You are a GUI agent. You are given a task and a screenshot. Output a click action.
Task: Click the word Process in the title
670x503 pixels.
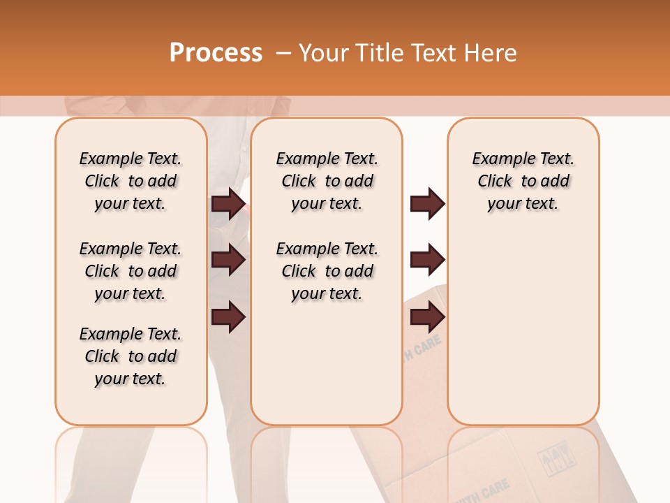tap(216, 53)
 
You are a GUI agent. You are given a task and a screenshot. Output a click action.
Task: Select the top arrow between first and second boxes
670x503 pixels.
tap(228, 204)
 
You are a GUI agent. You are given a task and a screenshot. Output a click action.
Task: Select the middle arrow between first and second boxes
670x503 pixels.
tap(228, 261)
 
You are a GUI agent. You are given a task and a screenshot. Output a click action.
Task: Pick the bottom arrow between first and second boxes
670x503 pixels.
tap(228, 318)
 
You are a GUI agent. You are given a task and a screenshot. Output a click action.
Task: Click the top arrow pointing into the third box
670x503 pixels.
tap(427, 204)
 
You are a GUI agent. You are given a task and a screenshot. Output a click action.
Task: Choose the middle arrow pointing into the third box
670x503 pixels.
tap(427, 261)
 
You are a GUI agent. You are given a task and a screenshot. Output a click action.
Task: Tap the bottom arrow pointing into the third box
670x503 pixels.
tap(427, 318)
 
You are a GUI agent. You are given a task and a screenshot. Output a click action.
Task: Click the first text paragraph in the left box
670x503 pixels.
tap(131, 181)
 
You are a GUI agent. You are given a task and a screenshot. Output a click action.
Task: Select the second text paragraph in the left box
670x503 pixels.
tap(131, 271)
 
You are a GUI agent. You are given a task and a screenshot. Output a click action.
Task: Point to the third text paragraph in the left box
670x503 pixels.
tap(131, 356)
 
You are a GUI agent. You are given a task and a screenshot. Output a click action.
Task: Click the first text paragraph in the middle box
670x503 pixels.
tap(327, 181)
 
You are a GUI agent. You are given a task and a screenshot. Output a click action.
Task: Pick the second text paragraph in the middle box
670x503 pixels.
tap(327, 271)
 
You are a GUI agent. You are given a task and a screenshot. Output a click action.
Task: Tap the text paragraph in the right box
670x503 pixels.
tap(523, 181)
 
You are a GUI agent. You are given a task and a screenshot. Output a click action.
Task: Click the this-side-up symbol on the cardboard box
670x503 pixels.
tap(555, 458)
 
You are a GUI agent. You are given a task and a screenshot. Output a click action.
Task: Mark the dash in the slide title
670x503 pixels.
tap(283, 53)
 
